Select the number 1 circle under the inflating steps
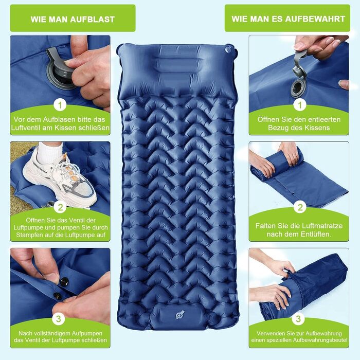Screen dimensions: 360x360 [x=60, y=105]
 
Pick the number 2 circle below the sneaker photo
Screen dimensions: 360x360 [x=60, y=207]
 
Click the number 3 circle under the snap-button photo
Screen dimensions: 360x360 [x=58, y=319]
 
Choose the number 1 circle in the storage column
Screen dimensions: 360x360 [x=300, y=105]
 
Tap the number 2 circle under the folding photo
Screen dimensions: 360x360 [x=300, y=207]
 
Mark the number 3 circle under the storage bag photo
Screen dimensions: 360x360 [x=298, y=319]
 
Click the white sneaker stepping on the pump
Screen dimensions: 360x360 [x=61, y=179]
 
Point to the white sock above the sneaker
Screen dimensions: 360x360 [x=49, y=152]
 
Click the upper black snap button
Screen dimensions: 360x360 [x=64, y=281]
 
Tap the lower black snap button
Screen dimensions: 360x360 [x=58, y=296]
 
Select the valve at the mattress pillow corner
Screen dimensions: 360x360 [x=228, y=49]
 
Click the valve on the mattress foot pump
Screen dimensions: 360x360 [x=180, y=314]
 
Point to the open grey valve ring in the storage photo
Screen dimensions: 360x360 [x=298, y=88]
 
